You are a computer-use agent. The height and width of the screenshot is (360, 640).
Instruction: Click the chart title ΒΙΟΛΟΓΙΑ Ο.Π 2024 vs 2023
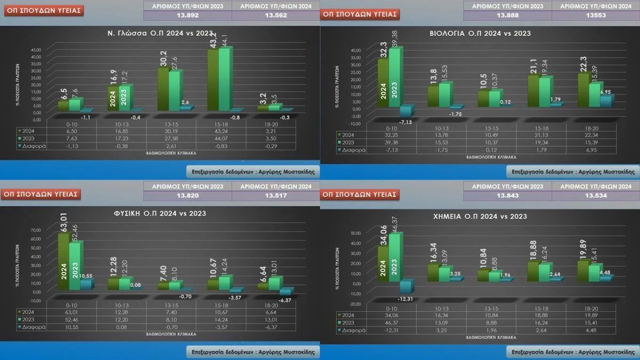point(480,34)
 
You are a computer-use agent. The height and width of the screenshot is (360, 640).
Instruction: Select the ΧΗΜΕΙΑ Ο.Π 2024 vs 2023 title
point(479,217)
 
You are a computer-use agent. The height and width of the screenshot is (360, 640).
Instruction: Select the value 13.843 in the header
point(507,196)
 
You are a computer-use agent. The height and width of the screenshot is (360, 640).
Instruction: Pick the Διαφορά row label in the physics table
point(33,326)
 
